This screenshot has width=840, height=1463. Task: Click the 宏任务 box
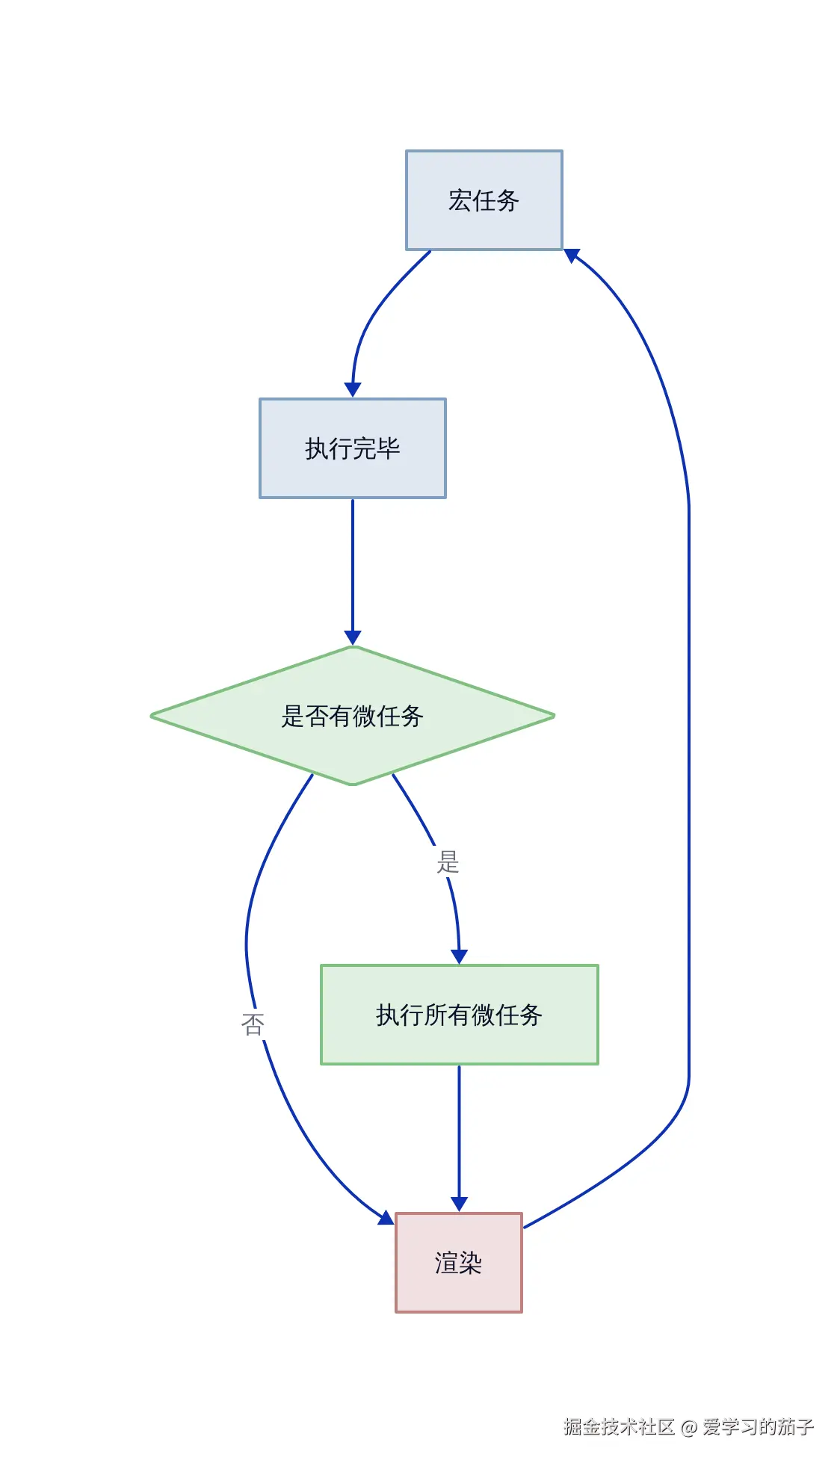click(484, 200)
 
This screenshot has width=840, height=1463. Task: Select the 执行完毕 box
click(352, 448)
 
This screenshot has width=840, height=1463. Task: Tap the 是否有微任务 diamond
click(352, 716)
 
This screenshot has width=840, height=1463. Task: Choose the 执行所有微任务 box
click(459, 1015)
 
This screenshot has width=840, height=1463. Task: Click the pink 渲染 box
click(458, 1263)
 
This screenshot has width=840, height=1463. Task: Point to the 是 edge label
click(448, 862)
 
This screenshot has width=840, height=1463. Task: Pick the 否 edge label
click(253, 1024)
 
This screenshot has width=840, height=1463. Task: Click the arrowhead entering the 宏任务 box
click(572, 256)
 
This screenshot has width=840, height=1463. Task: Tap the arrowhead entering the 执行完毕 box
click(353, 389)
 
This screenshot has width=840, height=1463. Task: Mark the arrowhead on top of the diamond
click(353, 637)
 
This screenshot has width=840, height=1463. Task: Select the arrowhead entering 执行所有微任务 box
click(459, 956)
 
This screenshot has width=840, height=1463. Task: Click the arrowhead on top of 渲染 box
click(459, 1204)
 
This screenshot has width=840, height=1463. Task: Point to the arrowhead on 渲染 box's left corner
click(386, 1219)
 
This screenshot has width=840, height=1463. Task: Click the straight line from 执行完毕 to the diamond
click(353, 568)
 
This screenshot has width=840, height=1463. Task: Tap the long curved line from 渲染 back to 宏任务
click(688, 747)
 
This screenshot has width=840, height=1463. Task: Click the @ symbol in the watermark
click(689, 1428)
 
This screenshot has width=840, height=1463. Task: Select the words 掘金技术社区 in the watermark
click(620, 1427)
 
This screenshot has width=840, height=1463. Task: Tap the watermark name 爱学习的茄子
click(758, 1427)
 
